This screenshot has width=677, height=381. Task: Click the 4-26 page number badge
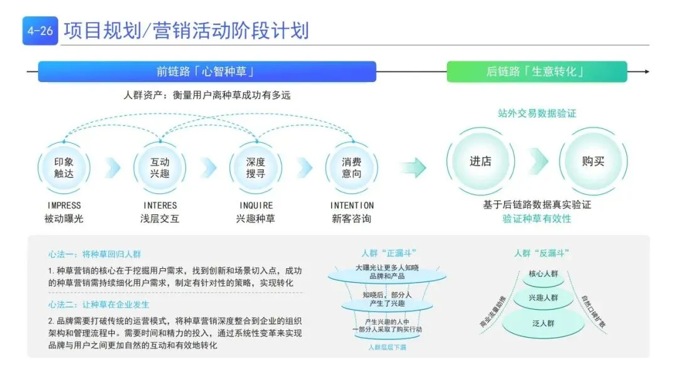pyautogui.click(x=40, y=31)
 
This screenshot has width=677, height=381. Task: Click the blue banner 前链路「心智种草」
pyautogui.click(x=207, y=71)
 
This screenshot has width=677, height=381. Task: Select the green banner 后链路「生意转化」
pyautogui.click(x=536, y=71)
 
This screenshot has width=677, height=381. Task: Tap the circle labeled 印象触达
pyautogui.click(x=64, y=167)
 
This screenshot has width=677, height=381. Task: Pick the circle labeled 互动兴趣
pyautogui.click(x=160, y=167)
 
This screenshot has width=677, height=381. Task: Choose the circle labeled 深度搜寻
pyautogui.click(x=256, y=167)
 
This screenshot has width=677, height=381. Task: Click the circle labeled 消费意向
pyautogui.click(x=351, y=167)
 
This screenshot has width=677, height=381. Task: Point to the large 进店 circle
pyautogui.click(x=480, y=161)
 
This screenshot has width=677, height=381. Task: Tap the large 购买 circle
pyautogui.click(x=593, y=161)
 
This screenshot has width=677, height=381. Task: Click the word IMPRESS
pyautogui.click(x=64, y=206)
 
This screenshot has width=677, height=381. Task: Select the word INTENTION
pyautogui.click(x=352, y=206)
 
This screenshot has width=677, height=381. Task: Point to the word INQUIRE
pyautogui.click(x=256, y=206)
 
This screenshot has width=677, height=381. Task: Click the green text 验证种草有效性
pyautogui.click(x=537, y=219)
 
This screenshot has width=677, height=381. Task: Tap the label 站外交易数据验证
pyautogui.click(x=537, y=113)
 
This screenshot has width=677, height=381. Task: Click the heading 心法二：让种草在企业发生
pyautogui.click(x=98, y=305)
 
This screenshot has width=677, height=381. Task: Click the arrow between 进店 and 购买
pyautogui.click(x=538, y=162)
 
